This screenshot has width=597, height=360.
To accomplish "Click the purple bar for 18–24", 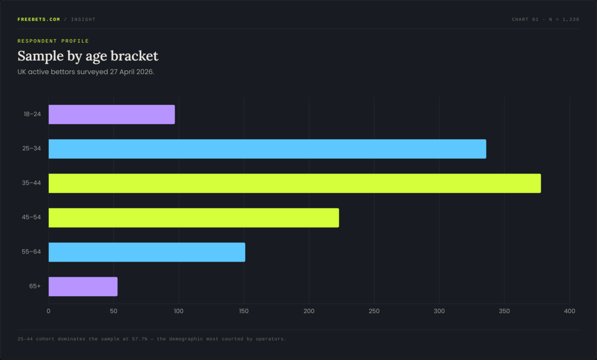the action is [x=111, y=114].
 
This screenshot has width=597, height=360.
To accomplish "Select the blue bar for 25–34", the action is [x=267, y=149].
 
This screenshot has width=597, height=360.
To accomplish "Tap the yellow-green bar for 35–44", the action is [x=295, y=183].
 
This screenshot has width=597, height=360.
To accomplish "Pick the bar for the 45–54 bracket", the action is [x=194, y=218].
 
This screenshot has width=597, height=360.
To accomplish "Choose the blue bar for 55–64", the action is [x=147, y=252].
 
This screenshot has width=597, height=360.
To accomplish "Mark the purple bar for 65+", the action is [x=83, y=286].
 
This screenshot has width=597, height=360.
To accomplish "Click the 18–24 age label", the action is [x=32, y=114].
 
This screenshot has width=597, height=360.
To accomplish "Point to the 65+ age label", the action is [x=35, y=286].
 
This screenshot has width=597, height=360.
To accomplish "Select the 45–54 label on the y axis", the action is [x=31, y=217].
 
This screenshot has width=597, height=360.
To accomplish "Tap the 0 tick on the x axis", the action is [x=48, y=311].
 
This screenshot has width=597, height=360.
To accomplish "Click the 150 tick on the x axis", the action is [x=244, y=311].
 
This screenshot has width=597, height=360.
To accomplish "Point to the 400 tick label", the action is [x=570, y=311].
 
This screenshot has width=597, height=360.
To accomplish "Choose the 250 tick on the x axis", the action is [x=374, y=311].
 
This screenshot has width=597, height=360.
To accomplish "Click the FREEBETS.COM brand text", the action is [x=39, y=19].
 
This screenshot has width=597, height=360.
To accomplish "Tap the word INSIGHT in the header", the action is [x=83, y=19].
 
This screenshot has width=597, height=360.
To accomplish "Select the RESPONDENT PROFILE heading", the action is [x=53, y=41].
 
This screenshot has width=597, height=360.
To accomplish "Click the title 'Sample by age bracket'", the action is [x=88, y=56].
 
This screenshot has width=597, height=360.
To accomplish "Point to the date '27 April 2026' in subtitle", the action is [x=131, y=72].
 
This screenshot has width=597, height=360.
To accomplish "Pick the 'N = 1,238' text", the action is [x=564, y=19].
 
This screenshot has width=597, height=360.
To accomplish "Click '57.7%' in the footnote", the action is [x=140, y=339].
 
